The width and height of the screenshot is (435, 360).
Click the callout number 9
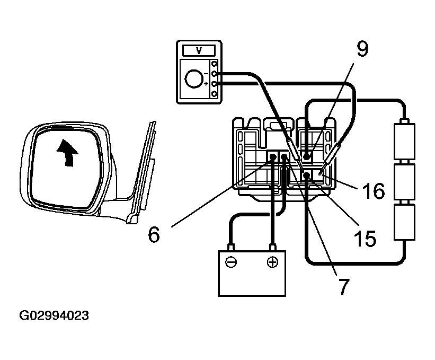(362, 50)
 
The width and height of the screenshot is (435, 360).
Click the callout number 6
(153, 234)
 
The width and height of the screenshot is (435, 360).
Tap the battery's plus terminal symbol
(272, 262)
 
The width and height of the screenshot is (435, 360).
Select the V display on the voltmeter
(199, 51)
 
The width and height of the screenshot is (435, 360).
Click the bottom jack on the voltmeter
(215, 94)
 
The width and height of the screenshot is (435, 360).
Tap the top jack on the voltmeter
(215, 64)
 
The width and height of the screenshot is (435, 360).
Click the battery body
(252, 273)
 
